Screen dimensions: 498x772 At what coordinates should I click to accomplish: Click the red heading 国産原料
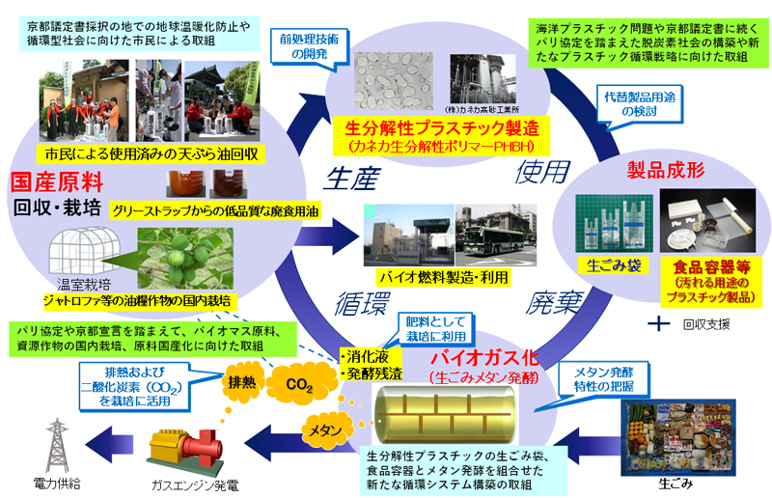click(49, 182)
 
